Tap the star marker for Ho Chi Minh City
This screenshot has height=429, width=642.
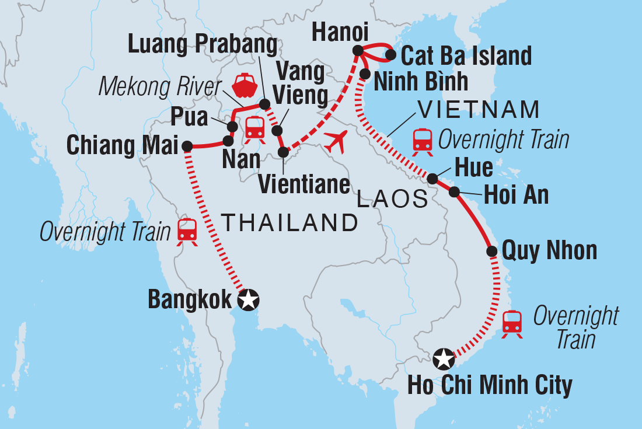pos(444,358)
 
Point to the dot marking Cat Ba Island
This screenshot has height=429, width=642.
pos(390,55)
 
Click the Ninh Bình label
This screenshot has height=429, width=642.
pos(421,82)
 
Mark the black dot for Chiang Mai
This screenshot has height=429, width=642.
pos(187,146)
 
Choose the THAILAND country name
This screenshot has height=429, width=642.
pos(289,222)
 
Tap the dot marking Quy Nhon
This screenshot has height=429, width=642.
pos(492,251)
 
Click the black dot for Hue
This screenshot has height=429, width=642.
pos(432,178)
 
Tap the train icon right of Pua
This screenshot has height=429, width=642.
pos(255,128)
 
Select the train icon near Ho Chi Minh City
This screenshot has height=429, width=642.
pos(512,323)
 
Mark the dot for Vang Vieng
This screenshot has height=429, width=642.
pos(277,130)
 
